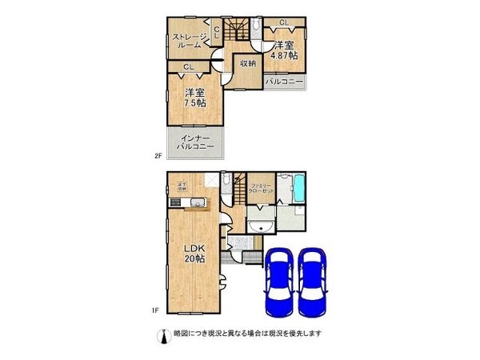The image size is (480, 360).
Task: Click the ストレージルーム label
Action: [188, 40]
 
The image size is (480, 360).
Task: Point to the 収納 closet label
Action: [247, 63]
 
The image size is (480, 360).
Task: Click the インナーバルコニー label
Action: [194, 142]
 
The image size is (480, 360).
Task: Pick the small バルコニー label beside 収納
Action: [284, 82]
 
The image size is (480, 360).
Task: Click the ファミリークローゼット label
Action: [261, 189]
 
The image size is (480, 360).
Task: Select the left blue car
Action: [278, 284]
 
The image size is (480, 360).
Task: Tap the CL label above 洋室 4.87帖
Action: [283, 22]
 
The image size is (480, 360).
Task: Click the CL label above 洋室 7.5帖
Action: [188, 67]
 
